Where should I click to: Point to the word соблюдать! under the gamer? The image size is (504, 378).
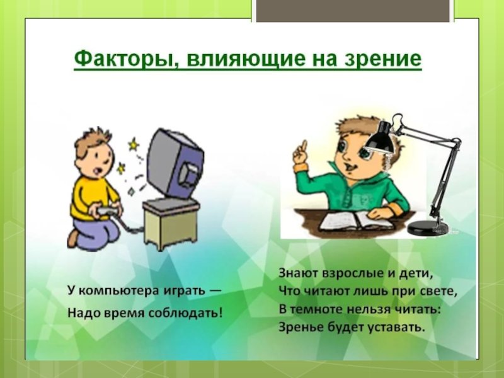185,312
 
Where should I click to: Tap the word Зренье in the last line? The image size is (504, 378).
301,328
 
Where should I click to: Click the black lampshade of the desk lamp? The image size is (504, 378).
381,138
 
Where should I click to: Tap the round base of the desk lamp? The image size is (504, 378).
428,227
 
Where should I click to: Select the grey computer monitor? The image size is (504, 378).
176,166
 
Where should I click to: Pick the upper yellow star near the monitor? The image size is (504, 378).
133,145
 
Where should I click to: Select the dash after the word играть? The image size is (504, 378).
215,291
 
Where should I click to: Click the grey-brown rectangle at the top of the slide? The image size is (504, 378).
353,11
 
